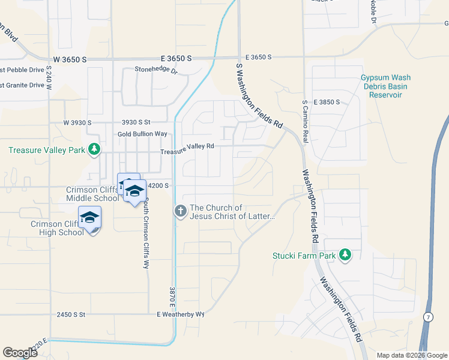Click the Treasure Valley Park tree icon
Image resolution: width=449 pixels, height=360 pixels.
[94, 149]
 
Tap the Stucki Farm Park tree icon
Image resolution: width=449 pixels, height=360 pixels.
[345, 255]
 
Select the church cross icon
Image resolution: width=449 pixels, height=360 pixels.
[180, 211]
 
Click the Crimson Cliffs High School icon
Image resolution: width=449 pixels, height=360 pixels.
[89, 217]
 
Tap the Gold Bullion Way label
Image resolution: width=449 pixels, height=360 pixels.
[142, 134]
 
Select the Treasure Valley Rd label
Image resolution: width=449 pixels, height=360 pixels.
[187, 149]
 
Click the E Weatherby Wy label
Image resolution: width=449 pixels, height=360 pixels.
[181, 314]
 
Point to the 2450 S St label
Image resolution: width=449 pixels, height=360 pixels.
[71, 314]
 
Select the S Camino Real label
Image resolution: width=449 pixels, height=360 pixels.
[305, 121]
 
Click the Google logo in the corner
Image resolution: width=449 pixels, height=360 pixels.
[20, 353]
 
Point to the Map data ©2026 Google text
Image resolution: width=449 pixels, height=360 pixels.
[412, 355]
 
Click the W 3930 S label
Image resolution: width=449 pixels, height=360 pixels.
[77, 122]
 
